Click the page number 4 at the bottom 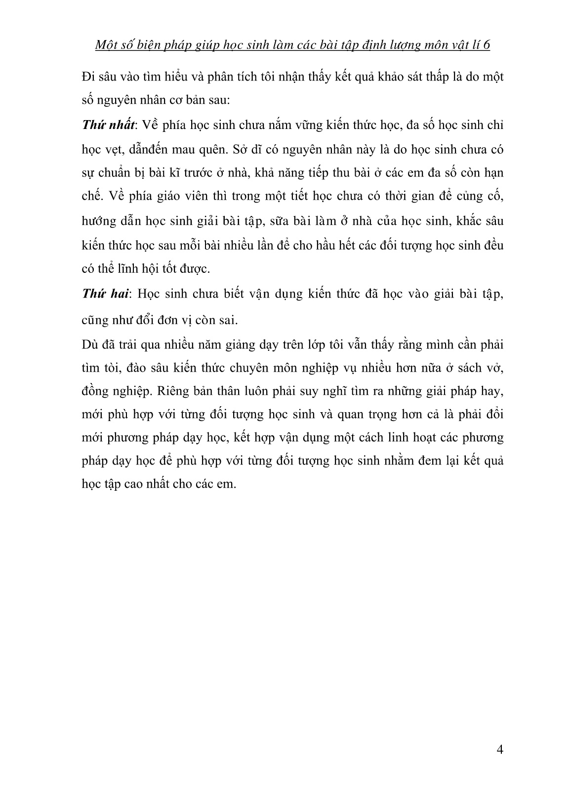tap(499, 750)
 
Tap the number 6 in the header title tap(487, 45)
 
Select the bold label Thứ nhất tap(108, 125)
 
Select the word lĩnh tap(126, 269)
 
